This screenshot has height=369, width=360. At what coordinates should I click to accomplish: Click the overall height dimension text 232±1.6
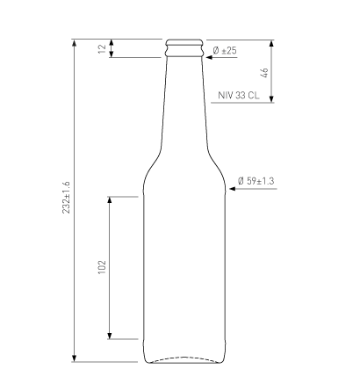tap(66, 199)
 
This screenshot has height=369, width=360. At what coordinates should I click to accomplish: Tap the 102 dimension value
tap(102, 267)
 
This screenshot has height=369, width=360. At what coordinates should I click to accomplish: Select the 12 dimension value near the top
tap(102, 48)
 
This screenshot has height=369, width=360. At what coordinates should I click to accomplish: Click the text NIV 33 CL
tap(238, 95)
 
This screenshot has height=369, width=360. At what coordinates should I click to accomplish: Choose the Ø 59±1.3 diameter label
tap(256, 181)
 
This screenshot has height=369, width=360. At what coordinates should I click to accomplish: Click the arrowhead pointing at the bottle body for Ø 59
tap(229, 189)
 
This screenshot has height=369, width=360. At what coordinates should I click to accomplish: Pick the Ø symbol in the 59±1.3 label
tap(241, 181)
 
